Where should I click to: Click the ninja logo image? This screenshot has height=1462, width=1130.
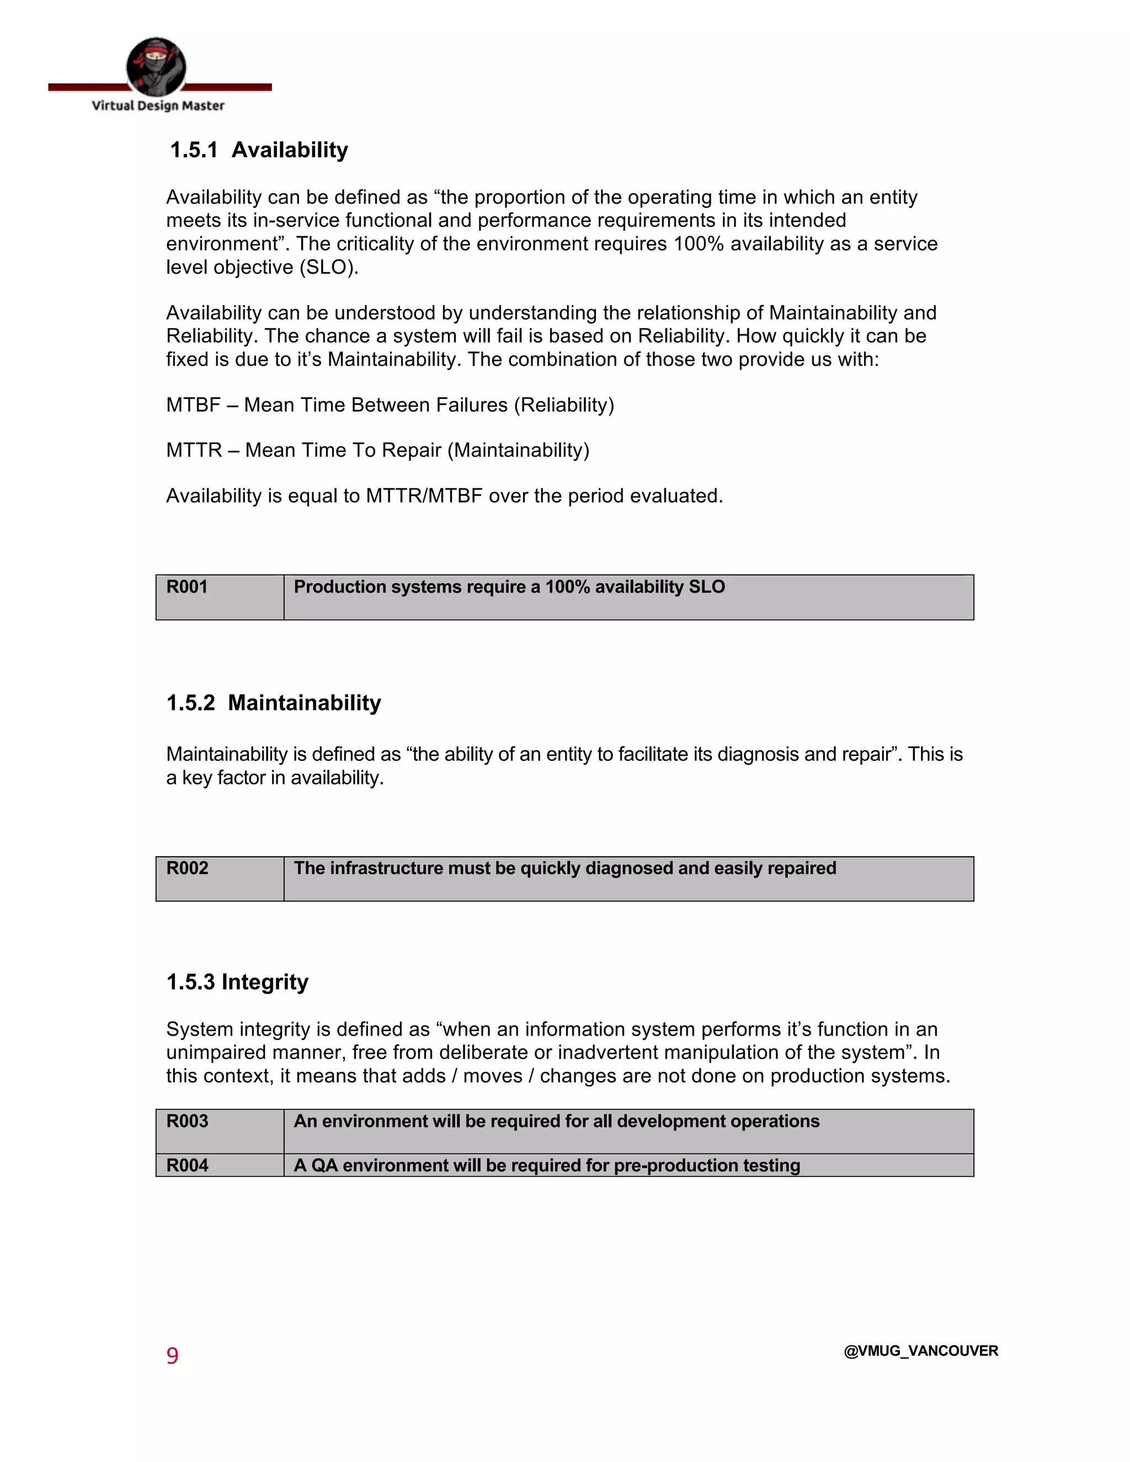(156, 67)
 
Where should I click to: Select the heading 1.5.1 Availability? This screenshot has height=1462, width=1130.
(259, 150)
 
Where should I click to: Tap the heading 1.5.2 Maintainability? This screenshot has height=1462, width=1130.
(273, 703)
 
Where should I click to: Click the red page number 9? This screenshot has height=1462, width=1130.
(172, 1356)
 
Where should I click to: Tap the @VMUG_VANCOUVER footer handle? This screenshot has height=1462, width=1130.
(920, 1351)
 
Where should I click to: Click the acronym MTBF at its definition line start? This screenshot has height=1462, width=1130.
(193, 405)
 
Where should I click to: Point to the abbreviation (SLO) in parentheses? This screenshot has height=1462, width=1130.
(329, 267)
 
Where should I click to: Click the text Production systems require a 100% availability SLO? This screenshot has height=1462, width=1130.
(509, 587)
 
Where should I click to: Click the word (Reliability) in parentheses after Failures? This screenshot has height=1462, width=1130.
(564, 405)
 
